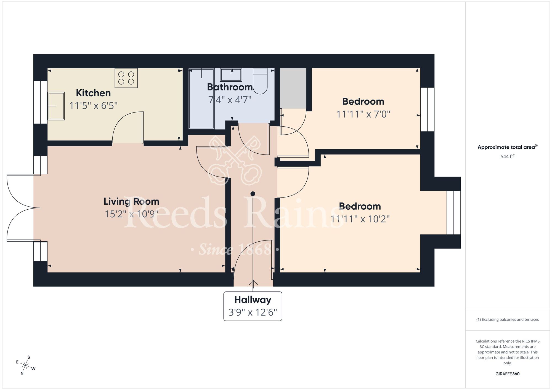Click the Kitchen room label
click(93, 93)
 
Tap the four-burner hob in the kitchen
click(126, 78)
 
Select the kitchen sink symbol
click(56, 106)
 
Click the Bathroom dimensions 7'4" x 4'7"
click(230, 100)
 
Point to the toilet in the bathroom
click(260, 81)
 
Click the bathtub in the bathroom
click(201, 99)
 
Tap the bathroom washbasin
click(231, 75)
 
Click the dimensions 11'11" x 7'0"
click(363, 114)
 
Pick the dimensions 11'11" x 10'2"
click(360, 219)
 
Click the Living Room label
click(131, 202)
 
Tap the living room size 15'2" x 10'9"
click(131, 214)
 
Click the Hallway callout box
click(253, 306)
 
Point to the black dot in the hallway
click(253, 194)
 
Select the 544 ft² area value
click(507, 157)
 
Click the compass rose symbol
click(25, 366)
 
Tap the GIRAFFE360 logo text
click(507, 374)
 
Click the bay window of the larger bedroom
click(453, 212)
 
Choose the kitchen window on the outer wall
click(40, 102)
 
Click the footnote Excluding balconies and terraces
click(507, 320)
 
